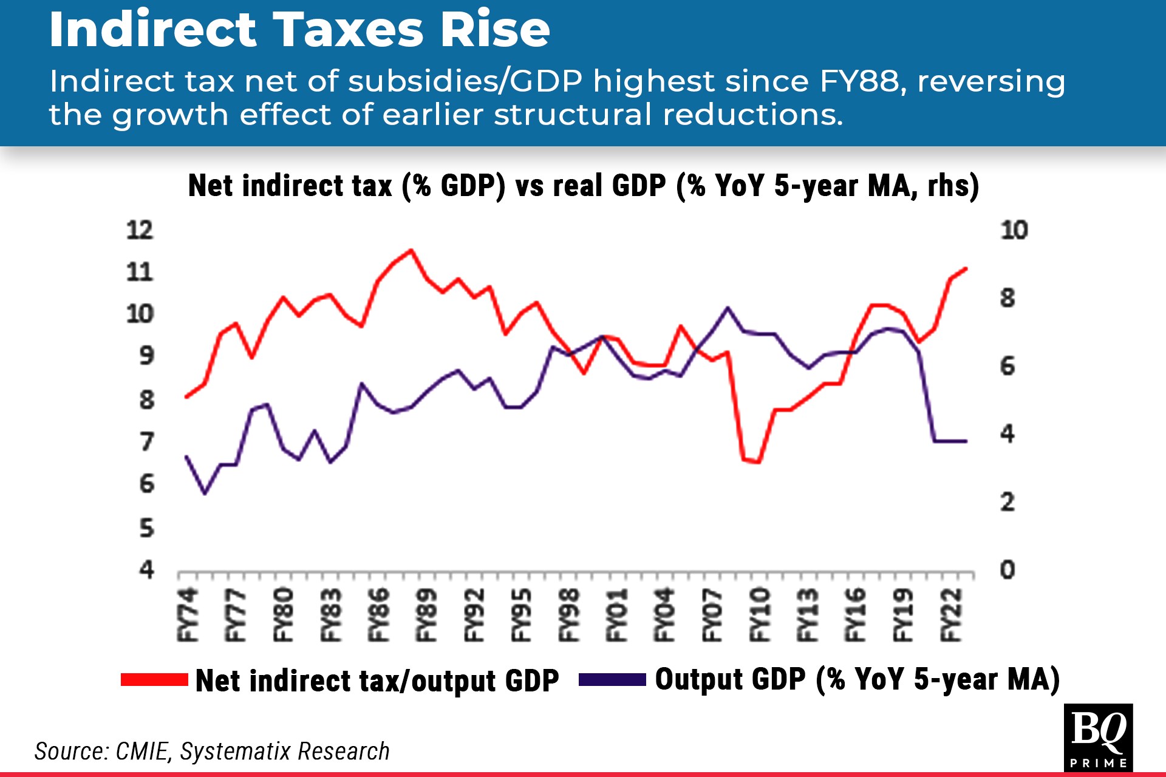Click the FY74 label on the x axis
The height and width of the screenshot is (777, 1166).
coord(188,614)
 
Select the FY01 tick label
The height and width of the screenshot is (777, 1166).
coord(617,614)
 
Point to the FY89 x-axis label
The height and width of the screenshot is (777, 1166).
coord(426,614)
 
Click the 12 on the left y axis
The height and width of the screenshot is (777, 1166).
coord(140,230)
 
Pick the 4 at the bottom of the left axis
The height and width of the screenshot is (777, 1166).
coord(146,569)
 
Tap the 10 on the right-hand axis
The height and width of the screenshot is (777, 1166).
coord(1014,230)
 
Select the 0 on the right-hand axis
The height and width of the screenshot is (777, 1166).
coord(1007,569)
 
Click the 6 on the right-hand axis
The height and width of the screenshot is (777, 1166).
coord(1007,366)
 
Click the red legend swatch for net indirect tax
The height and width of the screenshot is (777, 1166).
coord(154,680)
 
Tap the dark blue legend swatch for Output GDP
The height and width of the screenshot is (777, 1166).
coord(612,680)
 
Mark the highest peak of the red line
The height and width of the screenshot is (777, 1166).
coord(411,250)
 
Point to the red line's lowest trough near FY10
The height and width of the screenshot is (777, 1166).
coord(759,462)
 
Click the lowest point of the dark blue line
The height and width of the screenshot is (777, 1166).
coord(205,494)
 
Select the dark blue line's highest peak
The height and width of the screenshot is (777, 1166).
coord(728,308)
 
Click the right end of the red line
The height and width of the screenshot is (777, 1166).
coord(966,268)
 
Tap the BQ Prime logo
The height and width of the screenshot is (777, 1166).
coord(1098,737)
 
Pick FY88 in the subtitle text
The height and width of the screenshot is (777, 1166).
coord(859,81)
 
